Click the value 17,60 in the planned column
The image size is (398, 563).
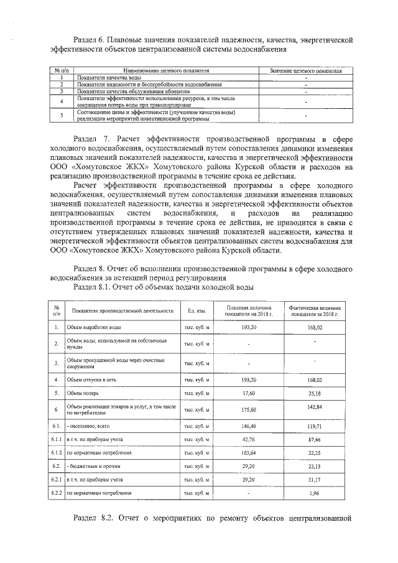pyautogui.click(x=249, y=393)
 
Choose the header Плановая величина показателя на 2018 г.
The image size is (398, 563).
pyautogui.click(x=249, y=310)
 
